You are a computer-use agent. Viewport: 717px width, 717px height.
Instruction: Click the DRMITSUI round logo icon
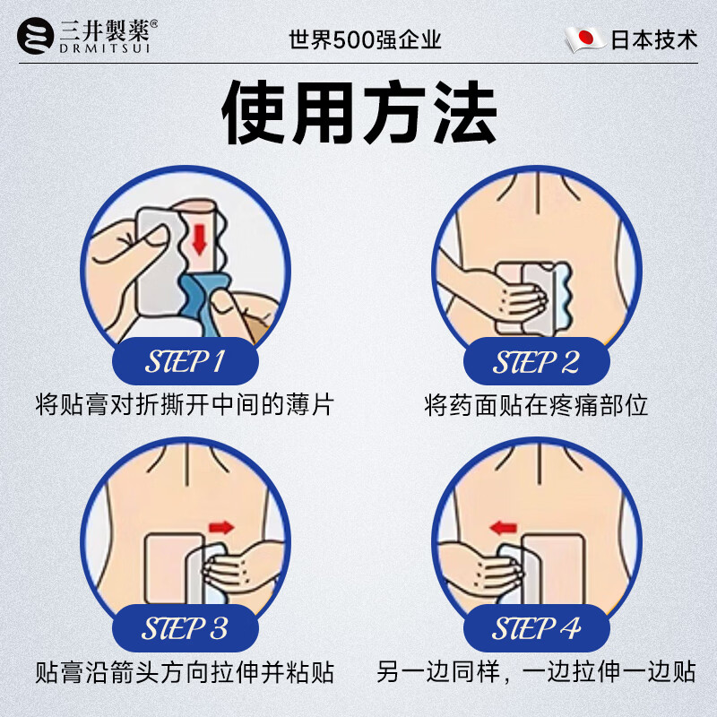[x=37, y=39]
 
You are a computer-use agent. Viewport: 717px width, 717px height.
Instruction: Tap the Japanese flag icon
[x=583, y=39]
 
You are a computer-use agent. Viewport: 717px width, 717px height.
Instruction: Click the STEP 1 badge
[x=185, y=362]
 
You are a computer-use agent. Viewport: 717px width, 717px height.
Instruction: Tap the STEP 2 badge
[x=536, y=362]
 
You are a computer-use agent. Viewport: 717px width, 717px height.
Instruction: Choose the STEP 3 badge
[x=185, y=627]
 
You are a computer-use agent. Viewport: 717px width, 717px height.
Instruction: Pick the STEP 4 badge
[x=536, y=627]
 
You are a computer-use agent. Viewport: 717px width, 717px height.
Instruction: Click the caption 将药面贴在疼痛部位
[x=536, y=406]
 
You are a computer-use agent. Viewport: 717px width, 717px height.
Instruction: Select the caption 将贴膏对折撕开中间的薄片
[x=185, y=406]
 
